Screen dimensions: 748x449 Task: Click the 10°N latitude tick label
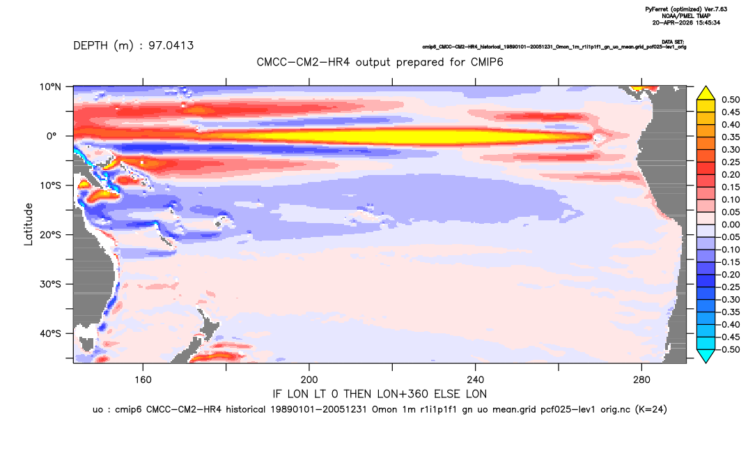[x=50, y=87]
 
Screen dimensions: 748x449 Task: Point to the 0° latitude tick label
[x=52, y=136]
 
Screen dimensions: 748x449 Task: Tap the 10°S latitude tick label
[x=50, y=185]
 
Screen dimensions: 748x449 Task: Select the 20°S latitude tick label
[x=50, y=235]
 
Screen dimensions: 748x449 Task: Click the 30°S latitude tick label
[x=50, y=284]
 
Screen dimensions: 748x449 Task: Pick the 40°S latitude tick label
[x=50, y=333]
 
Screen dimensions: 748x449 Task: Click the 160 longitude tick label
[x=143, y=380]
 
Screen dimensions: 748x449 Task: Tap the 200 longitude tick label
[x=309, y=380]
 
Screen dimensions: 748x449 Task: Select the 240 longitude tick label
[x=475, y=380]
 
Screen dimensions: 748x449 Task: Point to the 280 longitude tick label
[x=641, y=380]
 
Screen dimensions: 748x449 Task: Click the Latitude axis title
[x=29, y=224]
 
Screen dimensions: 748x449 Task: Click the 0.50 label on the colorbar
[x=731, y=100]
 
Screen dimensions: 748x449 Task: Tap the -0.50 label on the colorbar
[x=729, y=349]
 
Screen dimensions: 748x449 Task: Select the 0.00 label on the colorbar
[x=731, y=224]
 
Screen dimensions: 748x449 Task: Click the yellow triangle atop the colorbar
[x=706, y=93]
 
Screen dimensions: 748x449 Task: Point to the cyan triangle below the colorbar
[x=706, y=356]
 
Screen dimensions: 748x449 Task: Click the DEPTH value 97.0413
[x=171, y=46]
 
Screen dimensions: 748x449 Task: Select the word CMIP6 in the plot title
[x=487, y=62]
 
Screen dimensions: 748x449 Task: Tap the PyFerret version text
[x=687, y=9]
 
